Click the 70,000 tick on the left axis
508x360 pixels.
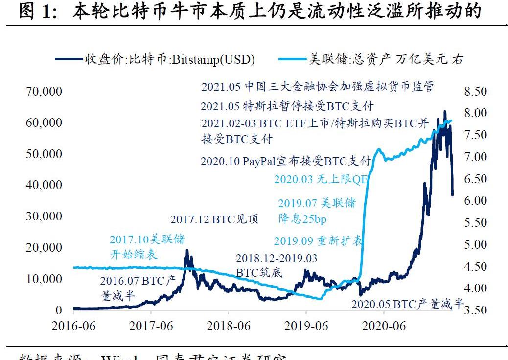pyautogui.click(x=45, y=91)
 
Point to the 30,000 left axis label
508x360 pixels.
pyautogui.click(x=45, y=216)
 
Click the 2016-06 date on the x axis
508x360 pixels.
pyautogui.click(x=74, y=326)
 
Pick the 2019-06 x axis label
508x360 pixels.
pyautogui.click(x=306, y=326)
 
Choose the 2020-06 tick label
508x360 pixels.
pyautogui.click(x=384, y=326)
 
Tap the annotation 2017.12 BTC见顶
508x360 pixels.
pyautogui.click(x=214, y=219)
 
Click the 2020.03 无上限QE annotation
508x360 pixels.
pyautogui.click(x=321, y=179)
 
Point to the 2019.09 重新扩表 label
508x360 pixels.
pyautogui.click(x=319, y=240)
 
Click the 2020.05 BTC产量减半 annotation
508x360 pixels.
pyautogui.click(x=407, y=304)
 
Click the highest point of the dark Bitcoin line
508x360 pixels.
pyautogui.click(x=444, y=111)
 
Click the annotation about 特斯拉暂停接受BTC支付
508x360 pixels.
pyautogui.click(x=287, y=106)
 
